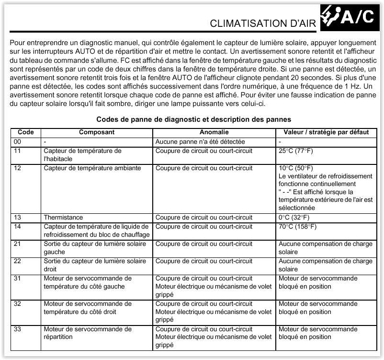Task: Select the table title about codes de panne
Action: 193,119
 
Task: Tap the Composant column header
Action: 96,132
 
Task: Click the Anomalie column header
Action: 214,132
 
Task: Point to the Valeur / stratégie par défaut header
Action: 326,132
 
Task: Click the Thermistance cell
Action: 63,218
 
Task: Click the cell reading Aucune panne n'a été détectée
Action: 200,142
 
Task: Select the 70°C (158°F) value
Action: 297,226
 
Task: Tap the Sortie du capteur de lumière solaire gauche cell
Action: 94,247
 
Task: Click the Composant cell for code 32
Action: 87,307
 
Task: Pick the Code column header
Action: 25,132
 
